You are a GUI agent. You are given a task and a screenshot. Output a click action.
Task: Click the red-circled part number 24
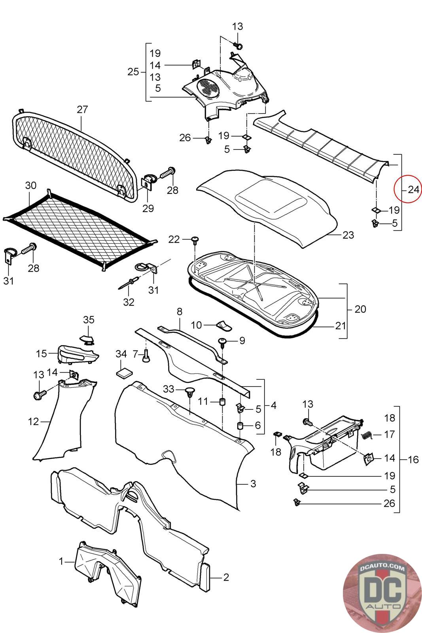413,190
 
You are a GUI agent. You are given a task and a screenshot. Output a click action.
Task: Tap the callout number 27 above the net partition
82,110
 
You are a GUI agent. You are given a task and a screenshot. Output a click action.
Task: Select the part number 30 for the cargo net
30,186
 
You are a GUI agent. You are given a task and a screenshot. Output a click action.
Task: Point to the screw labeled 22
195,239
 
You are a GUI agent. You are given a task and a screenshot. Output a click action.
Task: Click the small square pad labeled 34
123,372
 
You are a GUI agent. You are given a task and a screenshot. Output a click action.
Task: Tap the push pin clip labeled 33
190,393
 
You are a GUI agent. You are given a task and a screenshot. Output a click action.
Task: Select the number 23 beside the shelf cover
348,235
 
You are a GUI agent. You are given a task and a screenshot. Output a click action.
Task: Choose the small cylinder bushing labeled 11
223,402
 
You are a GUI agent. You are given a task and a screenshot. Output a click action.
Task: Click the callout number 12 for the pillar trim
34,422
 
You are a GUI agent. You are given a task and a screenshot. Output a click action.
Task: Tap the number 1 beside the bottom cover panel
61,561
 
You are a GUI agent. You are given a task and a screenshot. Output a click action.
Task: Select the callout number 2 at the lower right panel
226,577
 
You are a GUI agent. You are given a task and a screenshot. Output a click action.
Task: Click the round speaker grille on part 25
208,87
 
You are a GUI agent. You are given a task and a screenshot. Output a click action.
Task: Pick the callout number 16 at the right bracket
413,459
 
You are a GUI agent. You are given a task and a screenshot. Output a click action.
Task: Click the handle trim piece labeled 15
77,353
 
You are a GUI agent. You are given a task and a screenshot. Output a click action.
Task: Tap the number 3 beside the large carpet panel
253,484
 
